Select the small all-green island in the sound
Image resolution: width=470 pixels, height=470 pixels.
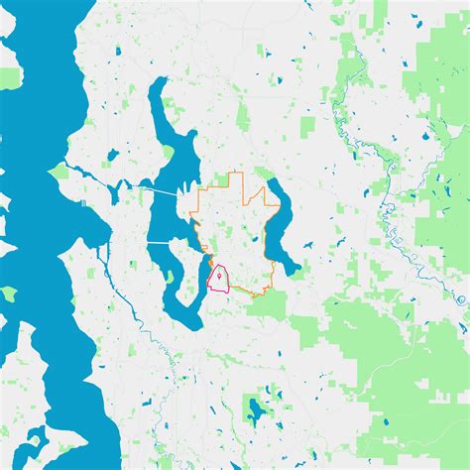(x=8, y=294)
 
